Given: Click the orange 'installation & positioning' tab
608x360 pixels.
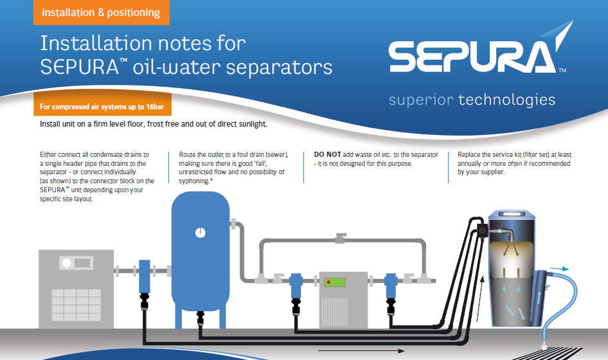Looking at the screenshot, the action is point(101,12).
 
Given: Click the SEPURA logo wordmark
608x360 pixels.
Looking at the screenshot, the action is point(473,57).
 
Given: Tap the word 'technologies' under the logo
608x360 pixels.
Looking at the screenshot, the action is point(507,100).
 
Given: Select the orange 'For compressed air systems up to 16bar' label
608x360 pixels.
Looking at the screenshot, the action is point(102,107).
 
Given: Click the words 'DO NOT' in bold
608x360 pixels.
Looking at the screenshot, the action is point(327,154).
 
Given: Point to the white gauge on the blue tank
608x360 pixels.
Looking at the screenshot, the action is point(200,233).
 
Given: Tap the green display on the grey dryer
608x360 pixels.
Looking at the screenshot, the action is point(335,282).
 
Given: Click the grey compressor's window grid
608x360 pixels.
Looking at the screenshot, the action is point(76,305).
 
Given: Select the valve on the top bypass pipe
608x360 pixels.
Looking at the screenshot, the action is point(341,239).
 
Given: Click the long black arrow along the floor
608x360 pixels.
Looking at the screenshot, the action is point(361,351).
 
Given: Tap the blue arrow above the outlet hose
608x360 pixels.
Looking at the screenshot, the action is point(560,269).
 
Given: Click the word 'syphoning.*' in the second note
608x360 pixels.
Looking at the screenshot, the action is point(196,181).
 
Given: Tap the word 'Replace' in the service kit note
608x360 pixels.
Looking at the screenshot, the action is point(469,155).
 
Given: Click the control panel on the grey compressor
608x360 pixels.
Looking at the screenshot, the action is point(76,263).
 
